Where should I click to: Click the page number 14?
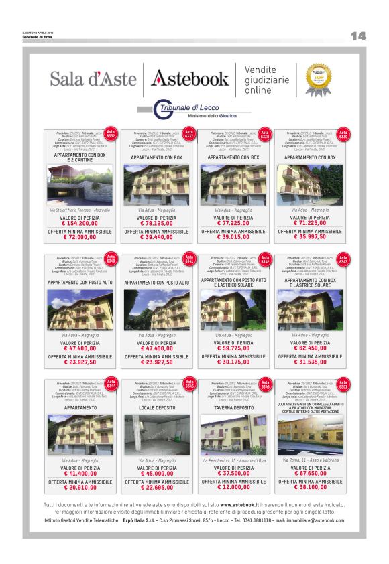pos(358,36)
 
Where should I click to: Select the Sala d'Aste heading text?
pos(93,78)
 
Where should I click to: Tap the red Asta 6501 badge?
pos(343,386)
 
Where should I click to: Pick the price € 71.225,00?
pos(310,222)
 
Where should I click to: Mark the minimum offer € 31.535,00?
pos(310,362)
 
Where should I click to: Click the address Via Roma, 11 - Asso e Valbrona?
pos(310,461)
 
